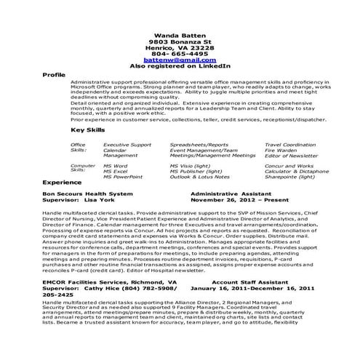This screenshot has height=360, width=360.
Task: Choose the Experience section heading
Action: click(62, 183)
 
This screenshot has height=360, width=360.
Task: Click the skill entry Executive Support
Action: click(127, 145)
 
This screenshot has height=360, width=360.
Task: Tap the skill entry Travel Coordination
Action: click(291, 145)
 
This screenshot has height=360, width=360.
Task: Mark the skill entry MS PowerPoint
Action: click(123, 177)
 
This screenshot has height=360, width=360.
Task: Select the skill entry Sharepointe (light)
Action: click(291, 177)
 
